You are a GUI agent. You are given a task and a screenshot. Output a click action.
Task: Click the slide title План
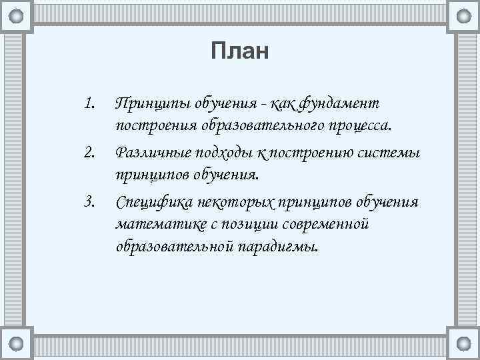click(239, 51)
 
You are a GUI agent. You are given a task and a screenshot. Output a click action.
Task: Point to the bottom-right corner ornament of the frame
click(463, 345)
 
